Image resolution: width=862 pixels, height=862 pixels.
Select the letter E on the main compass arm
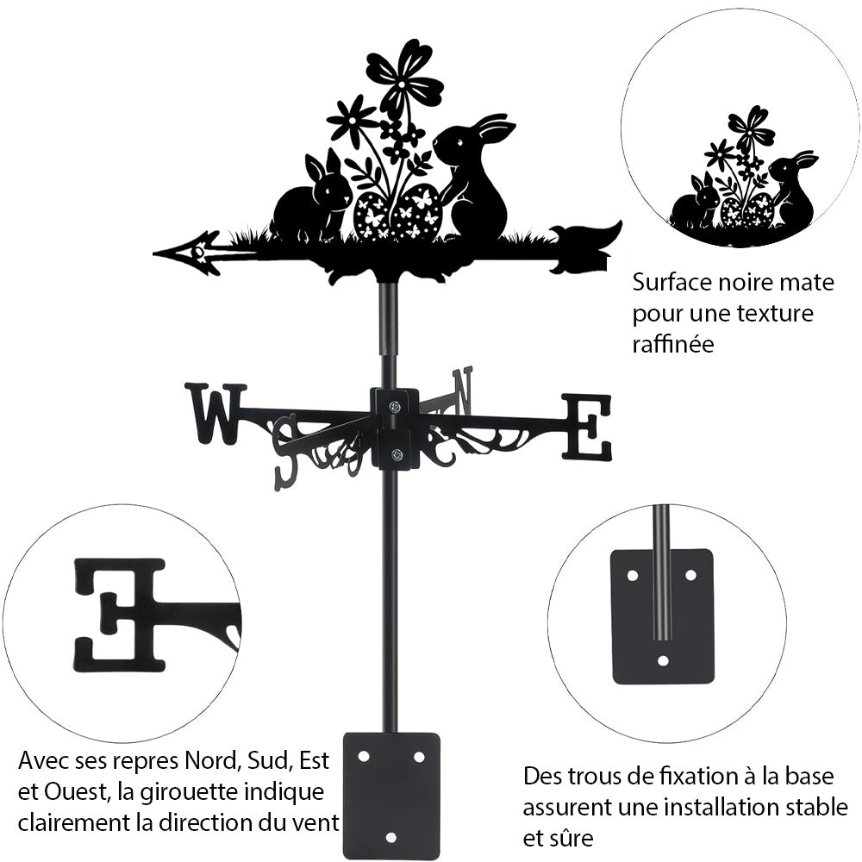pos(587,426)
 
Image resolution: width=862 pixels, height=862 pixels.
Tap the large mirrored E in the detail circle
pos(119,614)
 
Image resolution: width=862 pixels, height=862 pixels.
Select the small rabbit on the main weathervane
pos(312,200)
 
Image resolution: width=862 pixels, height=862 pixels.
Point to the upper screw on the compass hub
pos(394,407)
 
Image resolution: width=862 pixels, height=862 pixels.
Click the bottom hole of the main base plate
pos(391,836)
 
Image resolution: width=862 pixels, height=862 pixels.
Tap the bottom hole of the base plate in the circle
pos(662,661)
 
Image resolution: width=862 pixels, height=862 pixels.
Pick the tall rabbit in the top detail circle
pos(793,191)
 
